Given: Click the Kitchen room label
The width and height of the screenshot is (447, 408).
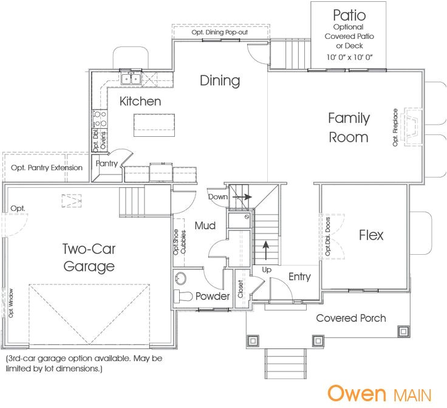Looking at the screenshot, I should click(140, 101).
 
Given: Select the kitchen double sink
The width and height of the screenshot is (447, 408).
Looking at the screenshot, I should click(131, 78).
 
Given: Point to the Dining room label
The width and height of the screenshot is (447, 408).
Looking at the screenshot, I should click(220, 81).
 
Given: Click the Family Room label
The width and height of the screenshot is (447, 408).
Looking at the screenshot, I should click(349, 127).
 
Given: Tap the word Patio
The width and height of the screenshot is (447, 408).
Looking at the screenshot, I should click(349, 14).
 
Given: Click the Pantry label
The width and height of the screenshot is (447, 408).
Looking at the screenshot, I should click(107, 164).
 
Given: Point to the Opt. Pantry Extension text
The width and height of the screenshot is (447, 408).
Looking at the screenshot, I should click(46, 167).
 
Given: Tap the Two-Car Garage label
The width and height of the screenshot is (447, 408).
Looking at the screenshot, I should click(89, 257).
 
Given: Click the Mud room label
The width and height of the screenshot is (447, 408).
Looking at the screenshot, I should click(205, 226).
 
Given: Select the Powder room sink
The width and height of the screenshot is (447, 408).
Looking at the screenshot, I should click(181, 278).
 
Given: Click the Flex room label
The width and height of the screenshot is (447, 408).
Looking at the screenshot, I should click(370, 235).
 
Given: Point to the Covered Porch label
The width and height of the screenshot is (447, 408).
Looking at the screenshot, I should click(350, 318).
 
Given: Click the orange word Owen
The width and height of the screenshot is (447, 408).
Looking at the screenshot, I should click(357, 393).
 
